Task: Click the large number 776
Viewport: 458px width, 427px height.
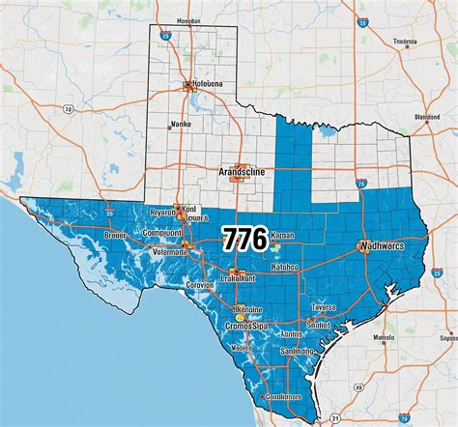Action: [x=246, y=239]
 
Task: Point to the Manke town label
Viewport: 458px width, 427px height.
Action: [x=181, y=124]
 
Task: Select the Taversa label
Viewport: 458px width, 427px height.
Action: [x=323, y=307]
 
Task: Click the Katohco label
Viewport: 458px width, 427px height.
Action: [x=284, y=266]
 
